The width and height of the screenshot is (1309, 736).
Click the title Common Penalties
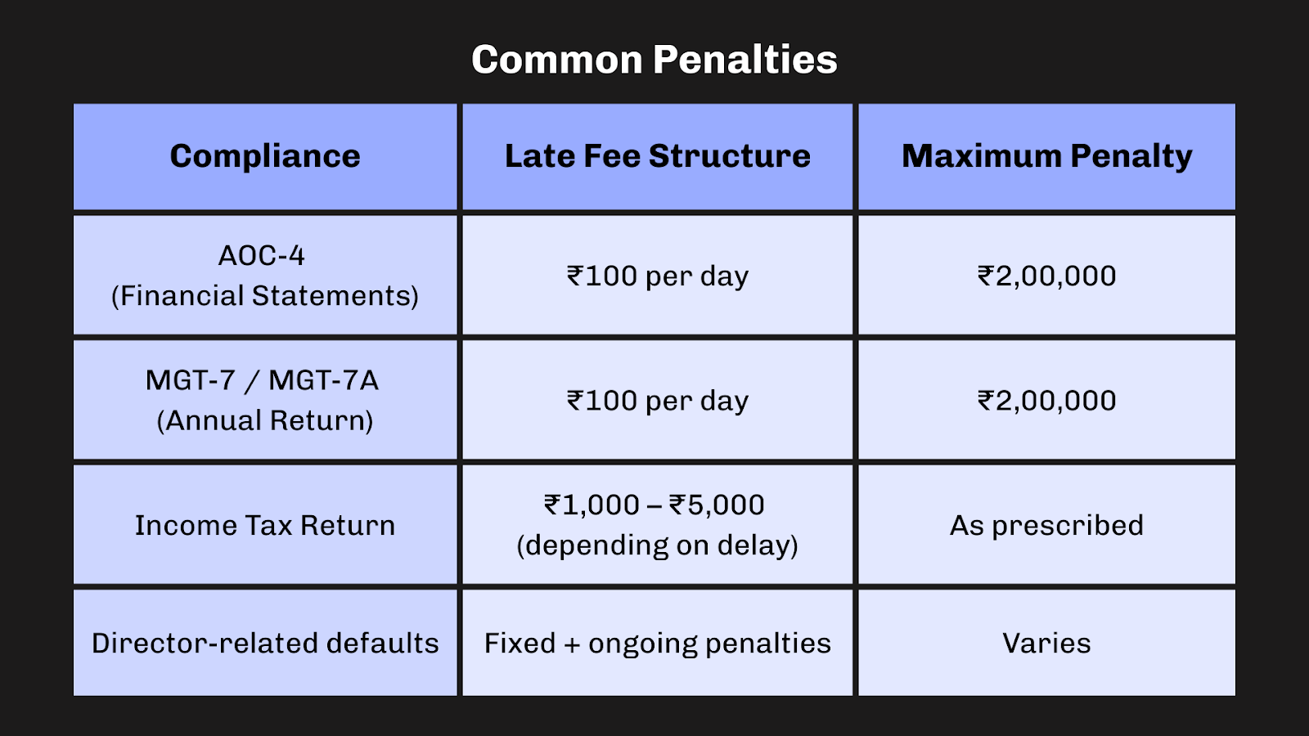point(654,60)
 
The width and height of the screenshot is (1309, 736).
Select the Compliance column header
point(265,156)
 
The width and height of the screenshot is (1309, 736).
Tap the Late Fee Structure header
point(657,156)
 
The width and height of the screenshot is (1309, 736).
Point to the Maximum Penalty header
point(1046,156)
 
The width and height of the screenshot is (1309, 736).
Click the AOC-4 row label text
point(262,256)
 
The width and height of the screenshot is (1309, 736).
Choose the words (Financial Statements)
point(265,296)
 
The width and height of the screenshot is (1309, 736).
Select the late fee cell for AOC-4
point(657,276)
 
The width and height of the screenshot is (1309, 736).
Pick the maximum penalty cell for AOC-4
point(1046,276)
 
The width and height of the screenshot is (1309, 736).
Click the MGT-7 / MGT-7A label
point(262,380)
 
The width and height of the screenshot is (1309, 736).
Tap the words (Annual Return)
point(265,420)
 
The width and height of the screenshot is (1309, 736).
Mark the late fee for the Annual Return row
point(657,401)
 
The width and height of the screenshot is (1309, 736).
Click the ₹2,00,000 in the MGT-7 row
point(1046,401)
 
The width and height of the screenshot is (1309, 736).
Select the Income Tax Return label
point(265,525)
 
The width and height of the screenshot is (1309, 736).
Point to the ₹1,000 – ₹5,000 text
point(654,505)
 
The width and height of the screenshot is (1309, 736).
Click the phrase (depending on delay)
point(657,545)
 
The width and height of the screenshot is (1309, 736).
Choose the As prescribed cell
point(1046,525)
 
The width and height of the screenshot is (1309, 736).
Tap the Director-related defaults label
point(265,644)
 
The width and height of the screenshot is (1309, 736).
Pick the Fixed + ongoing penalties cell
point(657,644)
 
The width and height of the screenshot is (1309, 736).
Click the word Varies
point(1046,644)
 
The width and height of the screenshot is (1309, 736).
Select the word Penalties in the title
point(745,60)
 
